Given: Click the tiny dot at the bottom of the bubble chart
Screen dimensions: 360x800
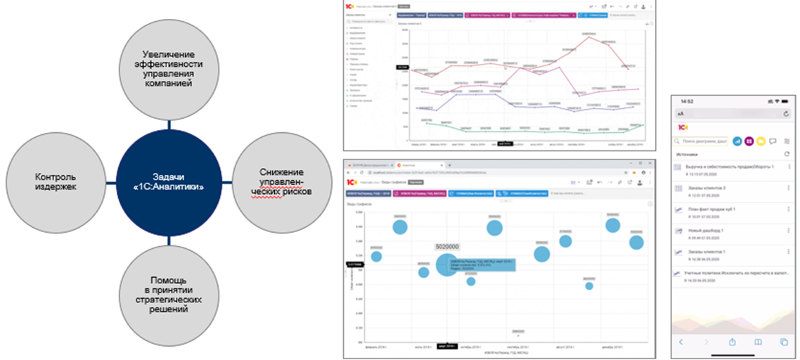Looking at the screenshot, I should (518, 335).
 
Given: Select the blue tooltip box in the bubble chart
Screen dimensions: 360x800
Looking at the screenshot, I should (490, 266).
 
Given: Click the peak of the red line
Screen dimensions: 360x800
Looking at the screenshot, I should (589, 37).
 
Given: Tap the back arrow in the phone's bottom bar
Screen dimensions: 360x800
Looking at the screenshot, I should (681, 342).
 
